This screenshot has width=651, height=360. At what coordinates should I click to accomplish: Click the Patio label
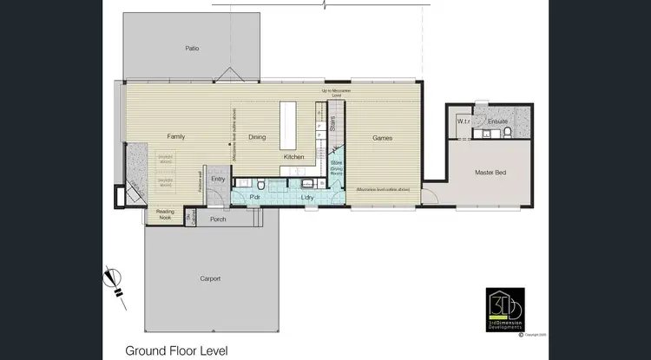coord(192,49)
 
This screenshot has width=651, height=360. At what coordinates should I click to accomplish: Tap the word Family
coord(176,137)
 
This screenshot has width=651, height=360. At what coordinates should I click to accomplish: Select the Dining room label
coord(257,137)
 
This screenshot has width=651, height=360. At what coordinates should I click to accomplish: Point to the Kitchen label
coord(293,157)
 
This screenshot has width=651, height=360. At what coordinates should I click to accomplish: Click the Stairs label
coord(332,124)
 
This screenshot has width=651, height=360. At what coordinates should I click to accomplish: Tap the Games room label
coord(383,138)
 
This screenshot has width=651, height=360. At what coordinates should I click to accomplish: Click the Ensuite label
coord(497,121)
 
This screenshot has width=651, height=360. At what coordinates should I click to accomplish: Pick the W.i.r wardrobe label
coord(463,121)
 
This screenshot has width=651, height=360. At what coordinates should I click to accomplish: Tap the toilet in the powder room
coord(260,184)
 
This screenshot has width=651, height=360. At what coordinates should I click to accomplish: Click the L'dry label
coord(306,198)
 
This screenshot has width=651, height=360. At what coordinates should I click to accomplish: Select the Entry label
coord(218,180)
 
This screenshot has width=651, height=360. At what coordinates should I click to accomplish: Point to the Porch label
coord(218,219)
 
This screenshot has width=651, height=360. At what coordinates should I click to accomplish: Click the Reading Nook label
coord(165,215)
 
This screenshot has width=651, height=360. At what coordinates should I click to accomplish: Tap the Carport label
coord(210,278)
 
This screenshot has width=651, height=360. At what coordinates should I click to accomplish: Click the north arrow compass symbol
coord(112,280)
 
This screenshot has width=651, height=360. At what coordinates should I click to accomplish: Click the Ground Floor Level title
coord(177,350)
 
